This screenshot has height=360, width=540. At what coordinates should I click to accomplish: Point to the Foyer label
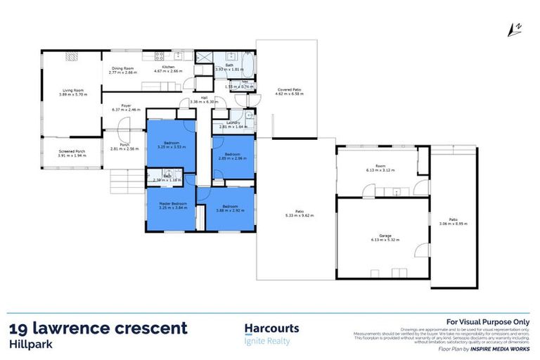pyautogui.click(x=126, y=105)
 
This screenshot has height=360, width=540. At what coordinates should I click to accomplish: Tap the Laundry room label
pyautogui.click(x=234, y=123)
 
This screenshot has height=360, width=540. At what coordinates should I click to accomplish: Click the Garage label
pyautogui.click(x=382, y=236)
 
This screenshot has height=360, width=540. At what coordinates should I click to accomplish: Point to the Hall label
pyautogui.click(x=204, y=98)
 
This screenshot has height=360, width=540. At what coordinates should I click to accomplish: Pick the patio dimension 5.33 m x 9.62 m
pyautogui.click(x=299, y=217)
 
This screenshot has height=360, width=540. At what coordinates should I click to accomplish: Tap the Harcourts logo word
pyautogui.click(x=271, y=328)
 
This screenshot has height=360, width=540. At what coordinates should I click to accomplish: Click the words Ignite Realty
pyautogui.click(x=267, y=341)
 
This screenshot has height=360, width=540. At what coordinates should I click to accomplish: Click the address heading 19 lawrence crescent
pyautogui.click(x=98, y=328)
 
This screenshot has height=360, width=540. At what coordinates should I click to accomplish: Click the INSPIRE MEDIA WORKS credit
pyautogui.click(x=500, y=348)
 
